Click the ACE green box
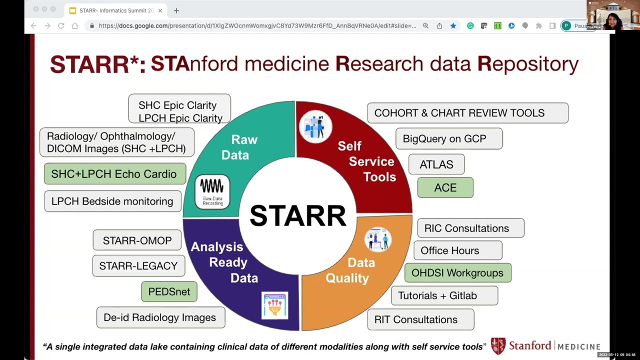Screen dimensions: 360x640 pos(445,187)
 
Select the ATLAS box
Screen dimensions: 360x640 pos(436,164)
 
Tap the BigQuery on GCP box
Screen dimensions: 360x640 pos(448,138)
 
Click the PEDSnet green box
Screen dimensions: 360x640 pos(169,291)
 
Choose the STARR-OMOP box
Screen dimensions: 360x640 pos(137,240)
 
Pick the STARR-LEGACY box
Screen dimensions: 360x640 pos(138,266)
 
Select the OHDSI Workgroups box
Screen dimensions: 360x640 pos(457,273)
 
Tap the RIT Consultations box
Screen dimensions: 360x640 pos(420,319)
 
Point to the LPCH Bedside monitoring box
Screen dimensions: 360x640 pos(112,201)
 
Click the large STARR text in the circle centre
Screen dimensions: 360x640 pos(297,215)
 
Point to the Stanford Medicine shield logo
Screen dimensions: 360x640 pos(497,346)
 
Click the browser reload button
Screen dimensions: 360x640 pos(61,26)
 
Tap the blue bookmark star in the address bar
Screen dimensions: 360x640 pos(453,26)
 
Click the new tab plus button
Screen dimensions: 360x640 pos(176,10)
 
